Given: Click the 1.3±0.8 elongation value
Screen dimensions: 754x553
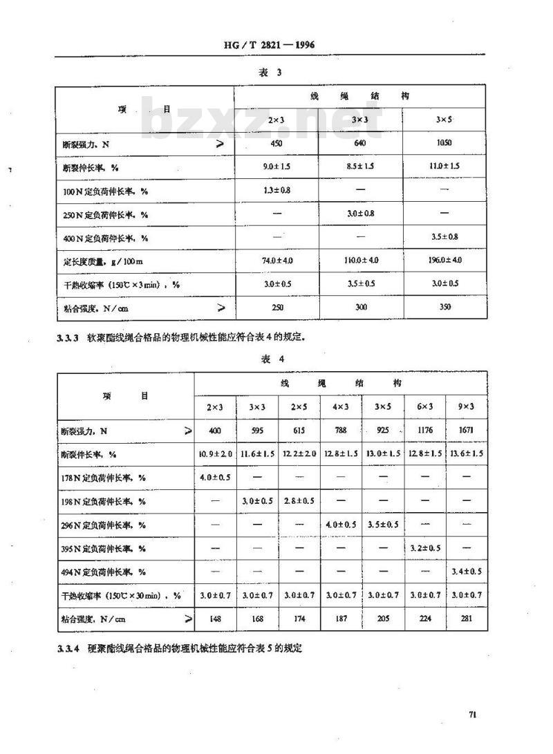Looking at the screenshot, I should pyautogui.click(x=276, y=190).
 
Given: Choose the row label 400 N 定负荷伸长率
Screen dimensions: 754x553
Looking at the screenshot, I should pyautogui.click(x=106, y=238).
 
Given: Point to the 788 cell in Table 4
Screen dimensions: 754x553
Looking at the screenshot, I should pyautogui.click(x=340, y=431).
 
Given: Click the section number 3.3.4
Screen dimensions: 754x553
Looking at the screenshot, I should pyautogui.click(x=69, y=649).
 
